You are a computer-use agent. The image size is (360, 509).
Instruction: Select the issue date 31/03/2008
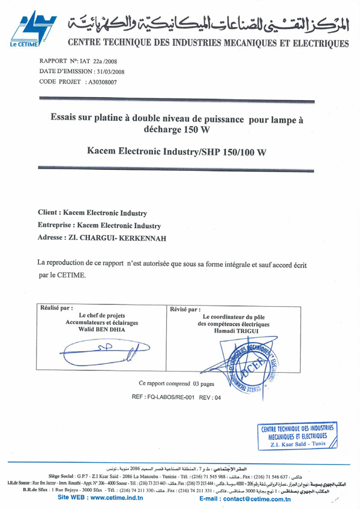(x=113, y=71)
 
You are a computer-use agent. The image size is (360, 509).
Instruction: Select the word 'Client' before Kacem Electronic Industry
(x=49, y=212)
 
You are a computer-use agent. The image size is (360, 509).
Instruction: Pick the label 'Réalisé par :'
(x=56, y=307)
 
